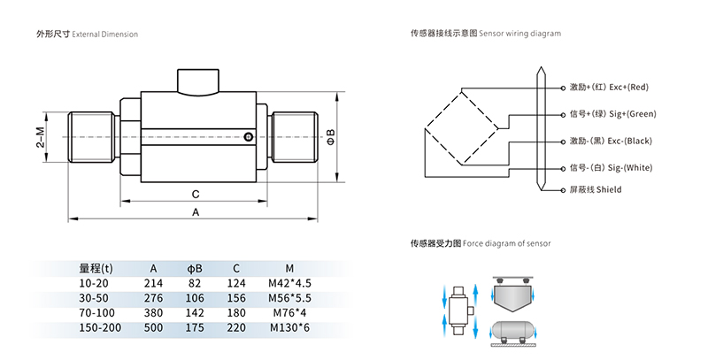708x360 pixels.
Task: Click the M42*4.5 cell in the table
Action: tap(290, 283)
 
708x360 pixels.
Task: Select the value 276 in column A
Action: tap(153, 298)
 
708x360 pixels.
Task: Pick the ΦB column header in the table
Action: tap(195, 268)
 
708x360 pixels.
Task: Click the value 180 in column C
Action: tap(235, 313)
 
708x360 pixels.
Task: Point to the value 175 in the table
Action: tap(195, 328)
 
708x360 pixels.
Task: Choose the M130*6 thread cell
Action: tap(290, 328)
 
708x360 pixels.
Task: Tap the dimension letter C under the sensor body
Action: tap(195, 192)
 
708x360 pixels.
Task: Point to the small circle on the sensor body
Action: tap(250, 136)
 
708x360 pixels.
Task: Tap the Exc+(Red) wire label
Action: tap(610, 87)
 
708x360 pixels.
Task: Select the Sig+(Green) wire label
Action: tap(613, 114)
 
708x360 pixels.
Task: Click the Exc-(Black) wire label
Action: tap(612, 142)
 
